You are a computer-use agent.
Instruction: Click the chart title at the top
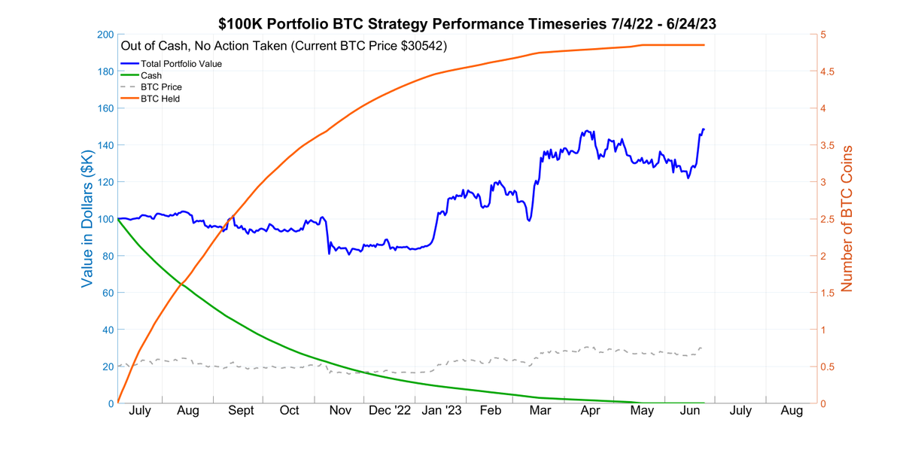point(467,24)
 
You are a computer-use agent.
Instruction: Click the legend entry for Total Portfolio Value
point(181,64)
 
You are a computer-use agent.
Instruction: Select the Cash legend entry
point(151,75)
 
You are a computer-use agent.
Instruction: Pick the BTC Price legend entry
point(161,87)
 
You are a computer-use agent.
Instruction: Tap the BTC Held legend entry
point(160,99)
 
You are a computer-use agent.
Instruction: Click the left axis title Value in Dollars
point(88,218)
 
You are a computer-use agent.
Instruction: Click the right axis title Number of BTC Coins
point(847,218)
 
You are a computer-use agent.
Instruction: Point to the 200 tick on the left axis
point(105,35)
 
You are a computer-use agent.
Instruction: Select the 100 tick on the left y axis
point(105,219)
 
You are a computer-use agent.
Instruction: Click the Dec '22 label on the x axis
point(391,411)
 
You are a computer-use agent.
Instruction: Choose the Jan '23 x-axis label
point(442,411)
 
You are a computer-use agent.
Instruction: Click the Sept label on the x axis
point(241,411)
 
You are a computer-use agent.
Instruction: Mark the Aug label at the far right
point(791,411)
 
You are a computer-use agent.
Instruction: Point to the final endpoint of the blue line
point(704,129)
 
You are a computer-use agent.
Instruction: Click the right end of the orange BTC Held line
point(704,45)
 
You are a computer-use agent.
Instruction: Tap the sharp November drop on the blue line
point(329,247)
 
